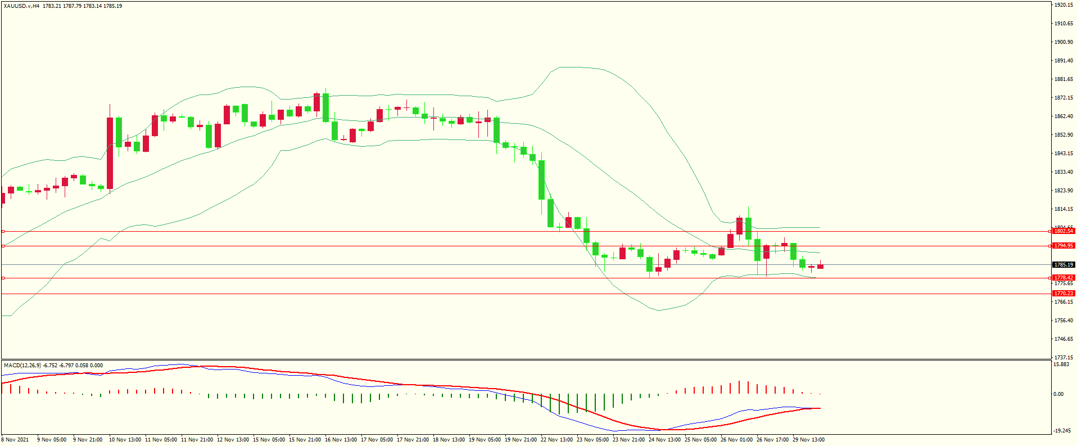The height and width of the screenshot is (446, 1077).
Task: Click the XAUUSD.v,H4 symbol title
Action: point(21,6)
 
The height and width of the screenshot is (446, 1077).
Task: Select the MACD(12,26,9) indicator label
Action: point(22,366)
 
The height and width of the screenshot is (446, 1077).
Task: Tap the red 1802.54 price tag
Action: point(1064,231)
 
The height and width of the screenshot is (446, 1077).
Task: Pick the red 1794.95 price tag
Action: point(1064,246)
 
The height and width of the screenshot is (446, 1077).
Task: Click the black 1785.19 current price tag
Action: point(1064,265)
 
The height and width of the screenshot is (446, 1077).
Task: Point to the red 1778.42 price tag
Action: point(1064,278)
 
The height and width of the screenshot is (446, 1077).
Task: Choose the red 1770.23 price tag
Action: point(1064,294)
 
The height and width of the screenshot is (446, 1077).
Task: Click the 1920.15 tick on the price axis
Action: point(1064,5)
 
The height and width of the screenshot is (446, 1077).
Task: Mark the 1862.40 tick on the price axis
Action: point(1064,116)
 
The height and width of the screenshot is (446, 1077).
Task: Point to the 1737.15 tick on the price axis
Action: point(1064,358)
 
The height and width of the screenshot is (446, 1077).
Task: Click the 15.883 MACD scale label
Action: point(1061,364)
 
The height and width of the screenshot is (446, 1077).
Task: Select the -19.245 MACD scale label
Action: point(1061,431)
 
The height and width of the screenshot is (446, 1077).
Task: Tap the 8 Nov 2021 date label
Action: point(16,440)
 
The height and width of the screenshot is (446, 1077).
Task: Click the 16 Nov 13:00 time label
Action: point(341,440)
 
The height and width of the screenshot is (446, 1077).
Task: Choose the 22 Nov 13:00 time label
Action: point(556,440)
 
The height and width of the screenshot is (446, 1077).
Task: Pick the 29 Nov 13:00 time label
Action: point(808,440)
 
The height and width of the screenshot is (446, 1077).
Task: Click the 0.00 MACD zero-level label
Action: point(1058,394)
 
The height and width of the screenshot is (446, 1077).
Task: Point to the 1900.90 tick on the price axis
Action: point(1064,42)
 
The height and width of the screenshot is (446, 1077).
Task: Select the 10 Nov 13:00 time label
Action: point(125,440)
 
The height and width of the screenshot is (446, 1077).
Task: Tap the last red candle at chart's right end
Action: point(821,267)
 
